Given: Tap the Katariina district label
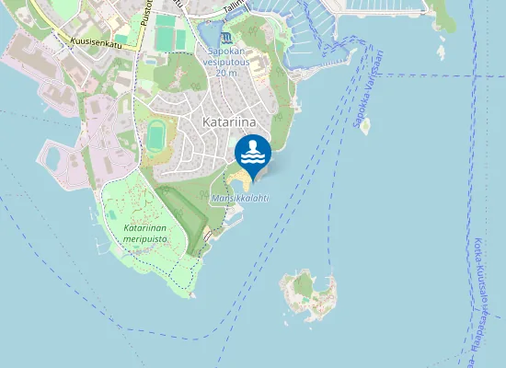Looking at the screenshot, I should click(x=230, y=121).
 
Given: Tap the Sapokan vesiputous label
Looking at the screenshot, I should click(x=226, y=57).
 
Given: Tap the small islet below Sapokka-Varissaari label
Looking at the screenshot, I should click(x=365, y=126).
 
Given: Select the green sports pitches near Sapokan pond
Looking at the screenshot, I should click(x=166, y=34).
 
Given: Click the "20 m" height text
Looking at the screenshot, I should click(x=226, y=73).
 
